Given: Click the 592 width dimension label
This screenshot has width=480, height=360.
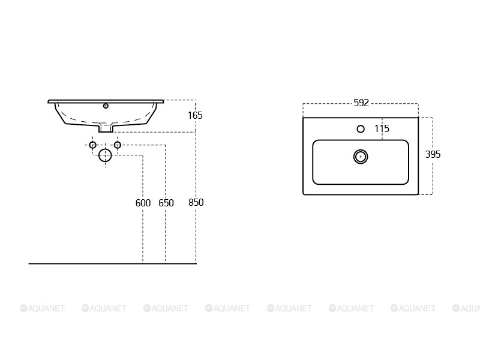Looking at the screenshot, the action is click(361, 103).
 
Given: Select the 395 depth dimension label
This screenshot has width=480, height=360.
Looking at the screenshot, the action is click(433, 154).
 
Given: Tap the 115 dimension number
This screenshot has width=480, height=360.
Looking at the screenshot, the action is click(382, 128).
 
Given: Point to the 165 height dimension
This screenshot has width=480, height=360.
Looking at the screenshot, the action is click(195, 115).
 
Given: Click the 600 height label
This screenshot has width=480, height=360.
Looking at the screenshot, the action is click(143, 203).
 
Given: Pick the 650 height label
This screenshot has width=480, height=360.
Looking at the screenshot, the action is click(166, 203).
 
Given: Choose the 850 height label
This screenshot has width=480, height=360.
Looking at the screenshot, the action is click(196, 202).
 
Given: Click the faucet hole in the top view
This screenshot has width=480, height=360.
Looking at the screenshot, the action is click(361, 129).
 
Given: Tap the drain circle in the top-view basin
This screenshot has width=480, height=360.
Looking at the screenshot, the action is click(361, 157).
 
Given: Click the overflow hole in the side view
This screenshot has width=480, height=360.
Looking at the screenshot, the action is click(106, 106).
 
